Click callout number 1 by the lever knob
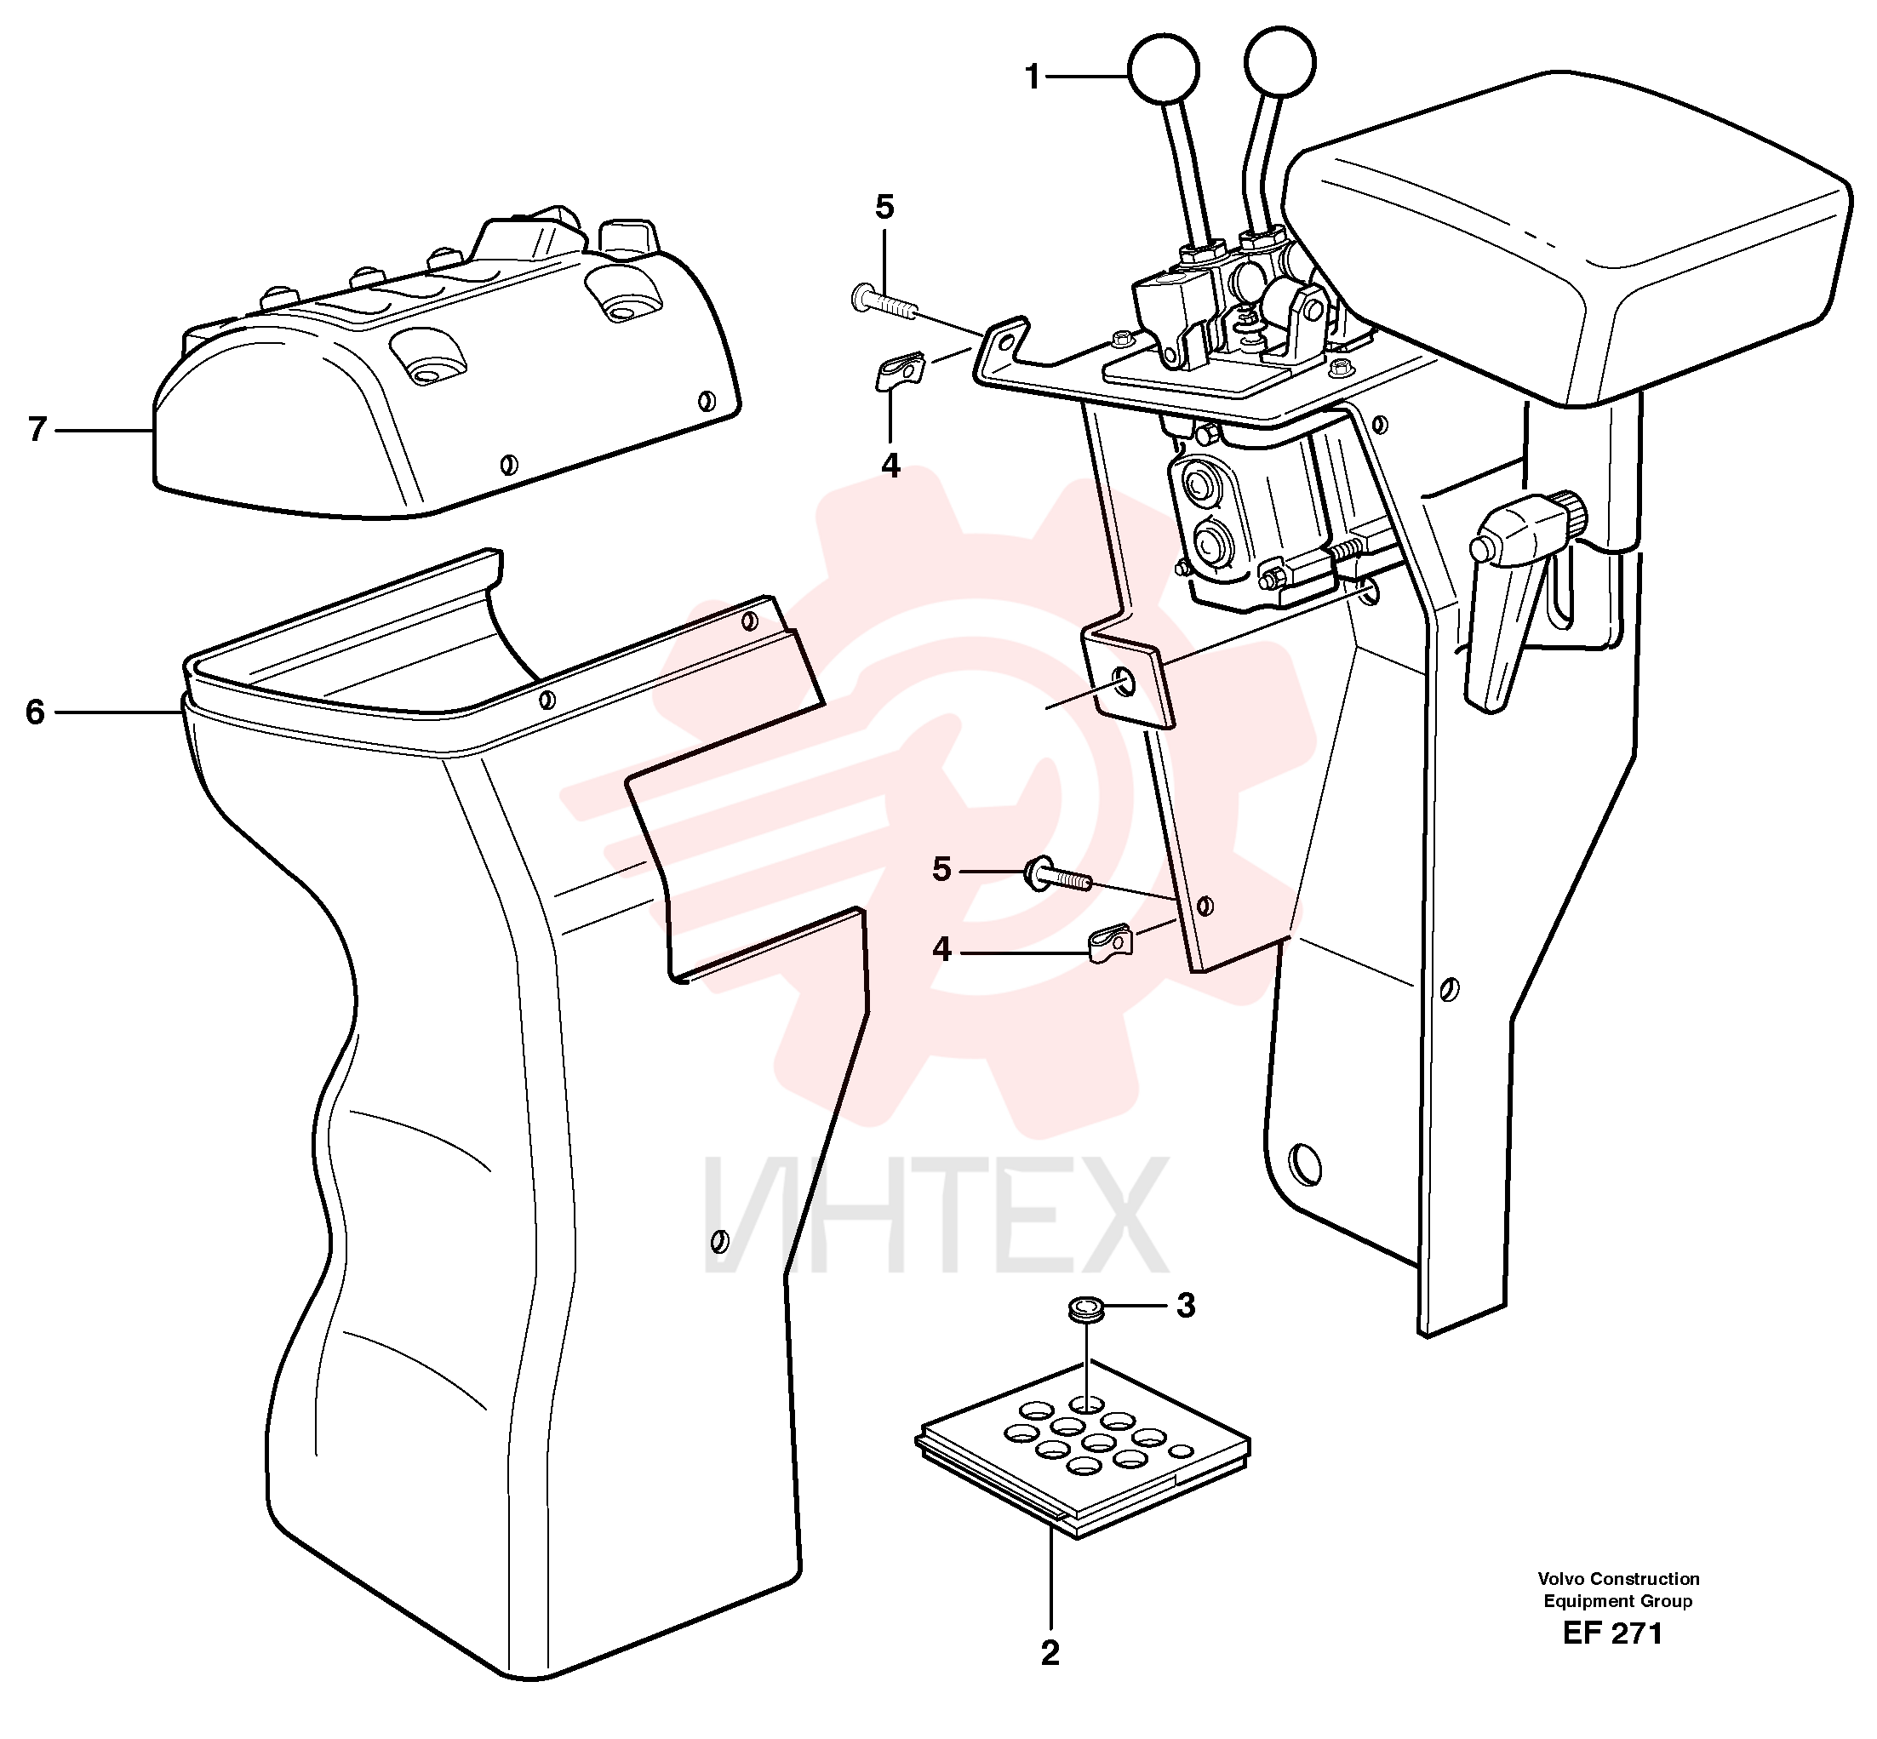[x=1032, y=77]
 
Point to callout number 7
[x=37, y=430]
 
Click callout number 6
[x=35, y=712]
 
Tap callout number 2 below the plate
[x=1050, y=1652]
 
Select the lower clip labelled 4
[x=1110, y=944]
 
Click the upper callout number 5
[x=884, y=207]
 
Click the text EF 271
[x=1612, y=1633]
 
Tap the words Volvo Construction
[x=1618, y=1578]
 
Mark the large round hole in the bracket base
[x=1306, y=1163]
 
